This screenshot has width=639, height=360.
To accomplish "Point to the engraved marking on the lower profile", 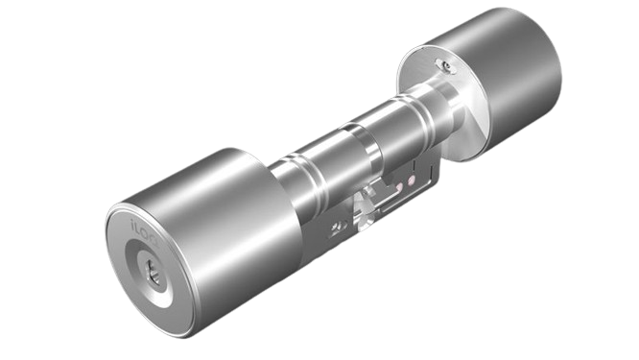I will tap(336, 227).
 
